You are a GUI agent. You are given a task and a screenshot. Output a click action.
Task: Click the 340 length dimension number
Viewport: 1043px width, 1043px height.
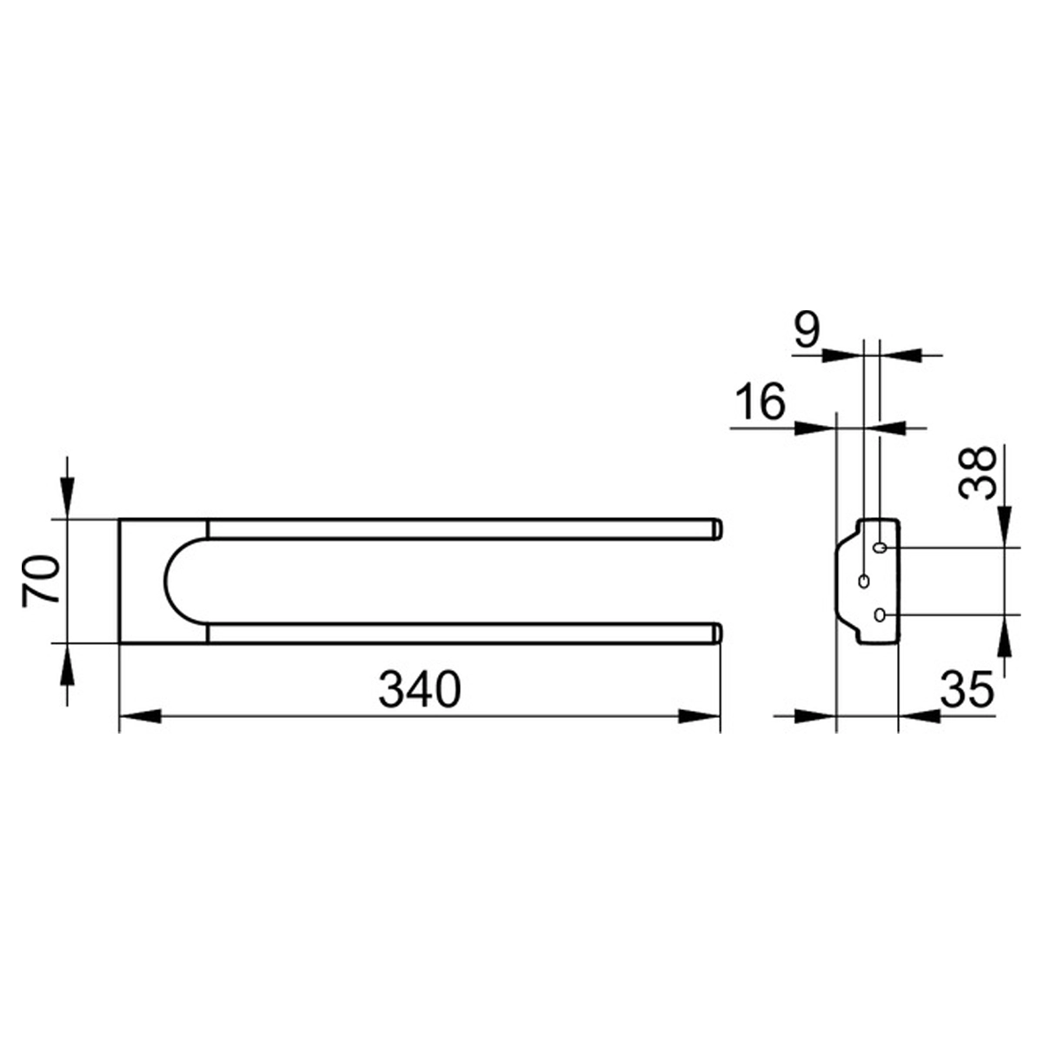420,689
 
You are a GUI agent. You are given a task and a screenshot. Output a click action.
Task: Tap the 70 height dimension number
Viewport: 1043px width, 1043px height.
41,581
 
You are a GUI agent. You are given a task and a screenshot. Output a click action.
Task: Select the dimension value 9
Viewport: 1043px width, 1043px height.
807,331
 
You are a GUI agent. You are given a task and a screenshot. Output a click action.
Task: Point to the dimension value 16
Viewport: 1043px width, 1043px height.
762,401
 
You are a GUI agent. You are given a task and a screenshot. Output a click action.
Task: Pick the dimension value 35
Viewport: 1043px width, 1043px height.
967,689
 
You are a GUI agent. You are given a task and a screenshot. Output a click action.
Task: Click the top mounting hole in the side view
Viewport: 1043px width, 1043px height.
880,548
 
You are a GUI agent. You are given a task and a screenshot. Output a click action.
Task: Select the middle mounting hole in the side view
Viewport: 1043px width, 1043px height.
864,581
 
